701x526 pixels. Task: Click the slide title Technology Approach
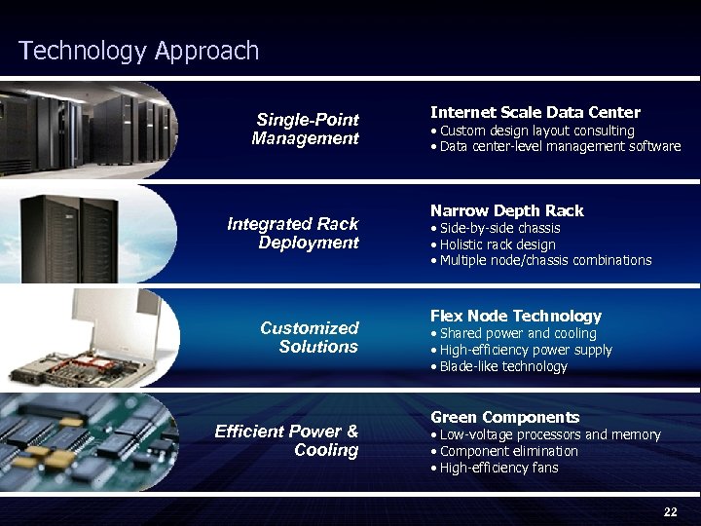click(139, 51)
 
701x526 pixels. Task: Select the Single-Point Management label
click(306, 129)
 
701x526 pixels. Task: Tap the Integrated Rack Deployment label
click(293, 233)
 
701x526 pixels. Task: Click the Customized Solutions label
click(310, 337)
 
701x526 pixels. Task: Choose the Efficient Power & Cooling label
click(286, 440)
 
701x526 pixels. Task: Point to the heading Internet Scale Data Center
click(535, 113)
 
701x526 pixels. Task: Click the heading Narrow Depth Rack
click(507, 210)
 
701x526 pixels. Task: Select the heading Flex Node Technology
click(516, 316)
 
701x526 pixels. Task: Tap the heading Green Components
click(504, 417)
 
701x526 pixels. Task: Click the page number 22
click(670, 512)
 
